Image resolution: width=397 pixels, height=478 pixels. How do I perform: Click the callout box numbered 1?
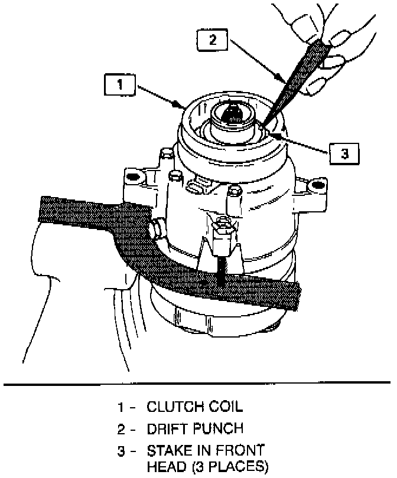(121, 84)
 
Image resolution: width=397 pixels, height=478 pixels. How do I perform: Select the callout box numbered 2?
(212, 41)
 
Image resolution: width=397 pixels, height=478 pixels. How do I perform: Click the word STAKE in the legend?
(168, 451)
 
